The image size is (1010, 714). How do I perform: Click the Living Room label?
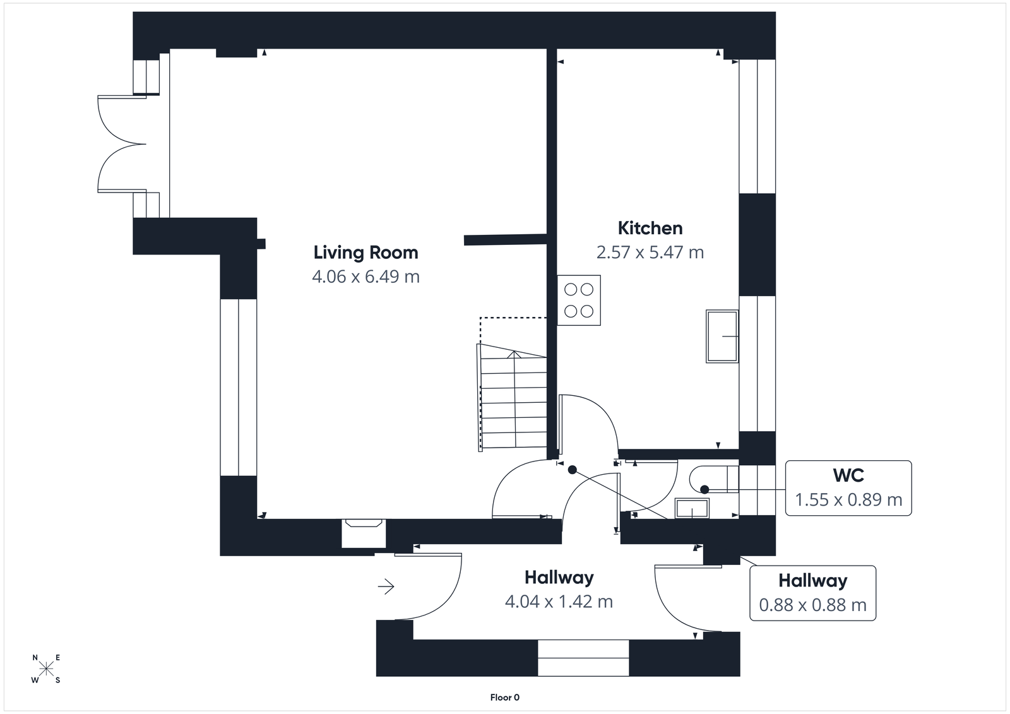coord(365,253)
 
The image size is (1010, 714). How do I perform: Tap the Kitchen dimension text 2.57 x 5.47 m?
coord(650,253)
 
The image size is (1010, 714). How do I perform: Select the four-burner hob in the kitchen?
coord(579,300)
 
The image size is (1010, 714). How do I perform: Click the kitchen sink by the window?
coord(722,336)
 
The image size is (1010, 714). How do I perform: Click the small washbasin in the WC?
coord(692,508)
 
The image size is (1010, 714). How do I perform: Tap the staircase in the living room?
coord(513,399)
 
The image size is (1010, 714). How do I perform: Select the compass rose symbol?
coord(46,669)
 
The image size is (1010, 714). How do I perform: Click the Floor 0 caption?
coord(504,698)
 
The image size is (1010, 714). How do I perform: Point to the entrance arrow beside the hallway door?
coord(386,587)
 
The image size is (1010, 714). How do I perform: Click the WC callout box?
coord(848,488)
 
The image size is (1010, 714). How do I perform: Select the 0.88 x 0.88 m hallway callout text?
coord(812,605)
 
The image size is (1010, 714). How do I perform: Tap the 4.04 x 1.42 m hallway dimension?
coord(559,602)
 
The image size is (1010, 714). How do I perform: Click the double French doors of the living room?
coord(122,143)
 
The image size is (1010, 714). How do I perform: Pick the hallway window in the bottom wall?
coord(583,658)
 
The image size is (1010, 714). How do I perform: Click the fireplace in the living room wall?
coord(364,533)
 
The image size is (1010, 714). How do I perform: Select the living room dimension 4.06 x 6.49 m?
coord(365,277)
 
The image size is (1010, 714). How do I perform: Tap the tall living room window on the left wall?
coord(239,387)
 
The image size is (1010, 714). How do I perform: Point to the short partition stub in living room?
coord(504,239)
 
